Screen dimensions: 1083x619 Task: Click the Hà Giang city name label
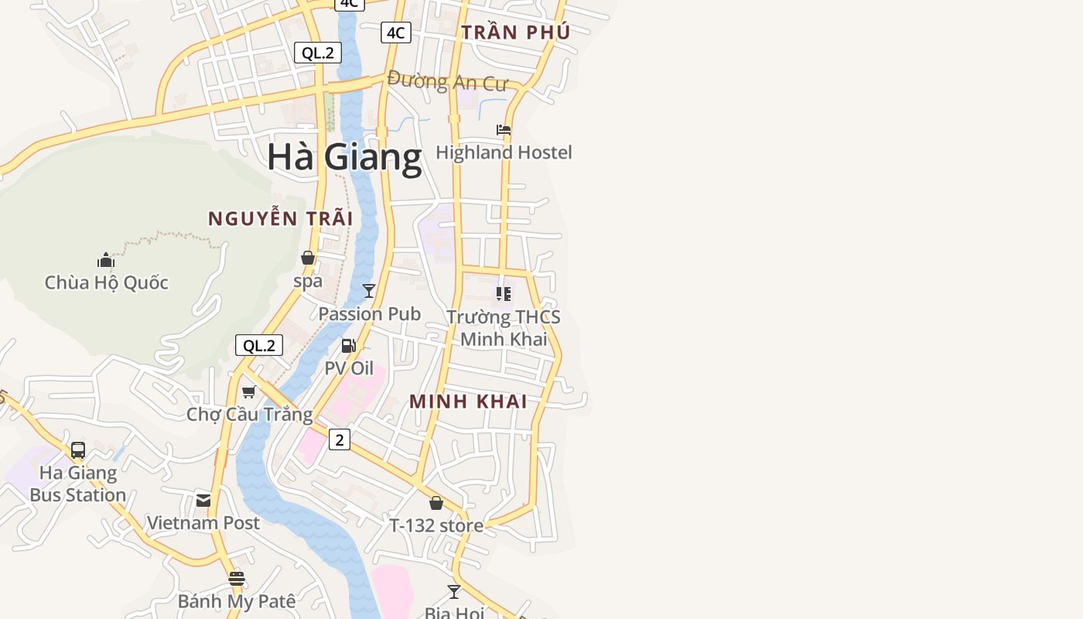pyautogui.click(x=344, y=157)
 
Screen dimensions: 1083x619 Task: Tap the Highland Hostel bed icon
pyautogui.click(x=504, y=130)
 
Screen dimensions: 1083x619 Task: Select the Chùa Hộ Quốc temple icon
pyautogui.click(x=106, y=260)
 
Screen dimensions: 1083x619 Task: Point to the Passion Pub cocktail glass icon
pyautogui.click(x=369, y=291)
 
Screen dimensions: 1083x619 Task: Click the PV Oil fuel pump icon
pyautogui.click(x=349, y=345)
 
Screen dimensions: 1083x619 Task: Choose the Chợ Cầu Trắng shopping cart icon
pyautogui.click(x=249, y=392)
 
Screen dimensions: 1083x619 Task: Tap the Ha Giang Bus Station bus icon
pyautogui.click(x=78, y=450)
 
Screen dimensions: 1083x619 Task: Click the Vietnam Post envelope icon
pyautogui.click(x=203, y=501)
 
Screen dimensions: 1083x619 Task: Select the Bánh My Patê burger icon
pyautogui.click(x=237, y=579)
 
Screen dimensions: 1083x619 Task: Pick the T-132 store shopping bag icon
pyautogui.click(x=436, y=503)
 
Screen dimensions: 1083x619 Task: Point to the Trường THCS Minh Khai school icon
pyautogui.click(x=504, y=294)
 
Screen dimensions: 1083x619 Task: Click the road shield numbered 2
pyautogui.click(x=340, y=439)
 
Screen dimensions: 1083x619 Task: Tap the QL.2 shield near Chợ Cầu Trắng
pyautogui.click(x=259, y=345)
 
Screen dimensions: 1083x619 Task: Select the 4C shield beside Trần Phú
pyautogui.click(x=395, y=32)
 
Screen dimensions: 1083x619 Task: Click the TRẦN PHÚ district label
pyautogui.click(x=515, y=32)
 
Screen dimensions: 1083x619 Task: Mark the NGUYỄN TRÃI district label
pyautogui.click(x=280, y=219)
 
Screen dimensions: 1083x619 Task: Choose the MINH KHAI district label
pyautogui.click(x=468, y=402)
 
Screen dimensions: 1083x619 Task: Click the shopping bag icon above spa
pyautogui.click(x=308, y=258)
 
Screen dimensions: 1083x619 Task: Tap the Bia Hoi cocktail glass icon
pyautogui.click(x=454, y=592)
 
